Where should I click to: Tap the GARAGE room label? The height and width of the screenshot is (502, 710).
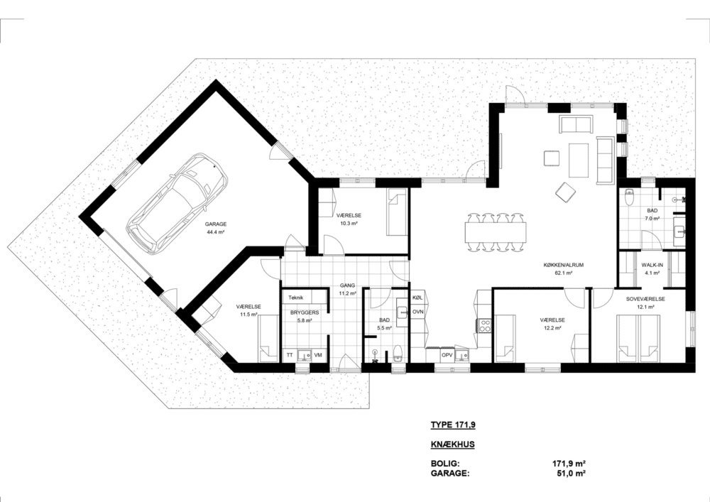(216, 224)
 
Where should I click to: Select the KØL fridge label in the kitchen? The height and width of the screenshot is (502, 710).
(417, 298)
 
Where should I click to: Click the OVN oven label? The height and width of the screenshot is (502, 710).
(418, 312)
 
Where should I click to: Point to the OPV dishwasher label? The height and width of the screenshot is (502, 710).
(447, 355)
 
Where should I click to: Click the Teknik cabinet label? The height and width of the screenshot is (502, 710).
(295, 298)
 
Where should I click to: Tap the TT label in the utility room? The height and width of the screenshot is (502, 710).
(290, 355)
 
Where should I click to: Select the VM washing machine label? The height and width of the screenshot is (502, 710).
(318, 355)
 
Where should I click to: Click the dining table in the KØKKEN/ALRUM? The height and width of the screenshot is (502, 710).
(496, 231)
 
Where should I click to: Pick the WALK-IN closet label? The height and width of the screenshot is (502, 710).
(652, 266)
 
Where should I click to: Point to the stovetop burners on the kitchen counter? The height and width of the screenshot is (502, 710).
(485, 325)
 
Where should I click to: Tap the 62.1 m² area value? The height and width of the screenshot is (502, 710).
(563, 273)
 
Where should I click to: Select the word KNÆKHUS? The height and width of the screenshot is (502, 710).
(452, 444)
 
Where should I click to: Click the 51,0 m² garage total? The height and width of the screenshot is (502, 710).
(571, 474)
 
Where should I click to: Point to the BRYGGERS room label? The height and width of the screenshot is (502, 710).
(305, 312)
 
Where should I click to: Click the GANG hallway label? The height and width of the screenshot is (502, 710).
(348, 285)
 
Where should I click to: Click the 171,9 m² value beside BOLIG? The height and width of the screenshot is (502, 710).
(569, 464)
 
